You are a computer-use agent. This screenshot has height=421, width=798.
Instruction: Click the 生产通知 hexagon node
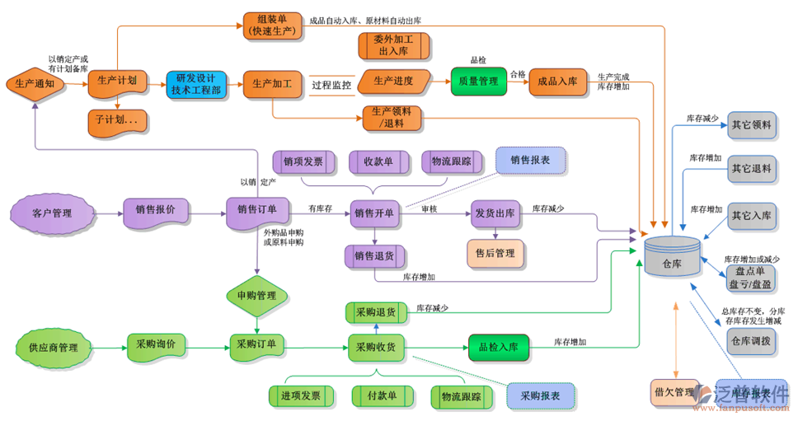[x=35, y=83]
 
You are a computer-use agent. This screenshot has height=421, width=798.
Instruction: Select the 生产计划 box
[x=116, y=82]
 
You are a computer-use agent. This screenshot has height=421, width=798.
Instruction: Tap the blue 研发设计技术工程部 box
[x=195, y=84]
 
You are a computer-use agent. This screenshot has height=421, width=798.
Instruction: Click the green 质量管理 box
[x=477, y=82]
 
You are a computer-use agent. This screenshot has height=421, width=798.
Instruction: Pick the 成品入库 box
[x=557, y=82]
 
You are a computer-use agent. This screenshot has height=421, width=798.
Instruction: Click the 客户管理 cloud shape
[x=52, y=213]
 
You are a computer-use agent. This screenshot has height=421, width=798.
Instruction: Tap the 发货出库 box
[x=495, y=213]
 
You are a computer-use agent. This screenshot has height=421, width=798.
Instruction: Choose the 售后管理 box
[x=494, y=253]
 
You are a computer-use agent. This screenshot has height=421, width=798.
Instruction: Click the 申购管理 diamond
[x=256, y=294]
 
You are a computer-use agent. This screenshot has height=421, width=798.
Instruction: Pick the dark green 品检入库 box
[x=498, y=347]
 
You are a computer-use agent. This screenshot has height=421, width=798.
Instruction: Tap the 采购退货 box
[x=375, y=312]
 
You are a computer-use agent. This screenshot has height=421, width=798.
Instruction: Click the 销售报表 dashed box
[x=530, y=160]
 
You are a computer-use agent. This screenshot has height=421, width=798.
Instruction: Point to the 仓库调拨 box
[x=751, y=340]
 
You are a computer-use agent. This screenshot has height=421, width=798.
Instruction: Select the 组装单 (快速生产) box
[x=273, y=25]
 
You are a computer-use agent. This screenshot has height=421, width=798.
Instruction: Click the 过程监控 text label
[x=331, y=84]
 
